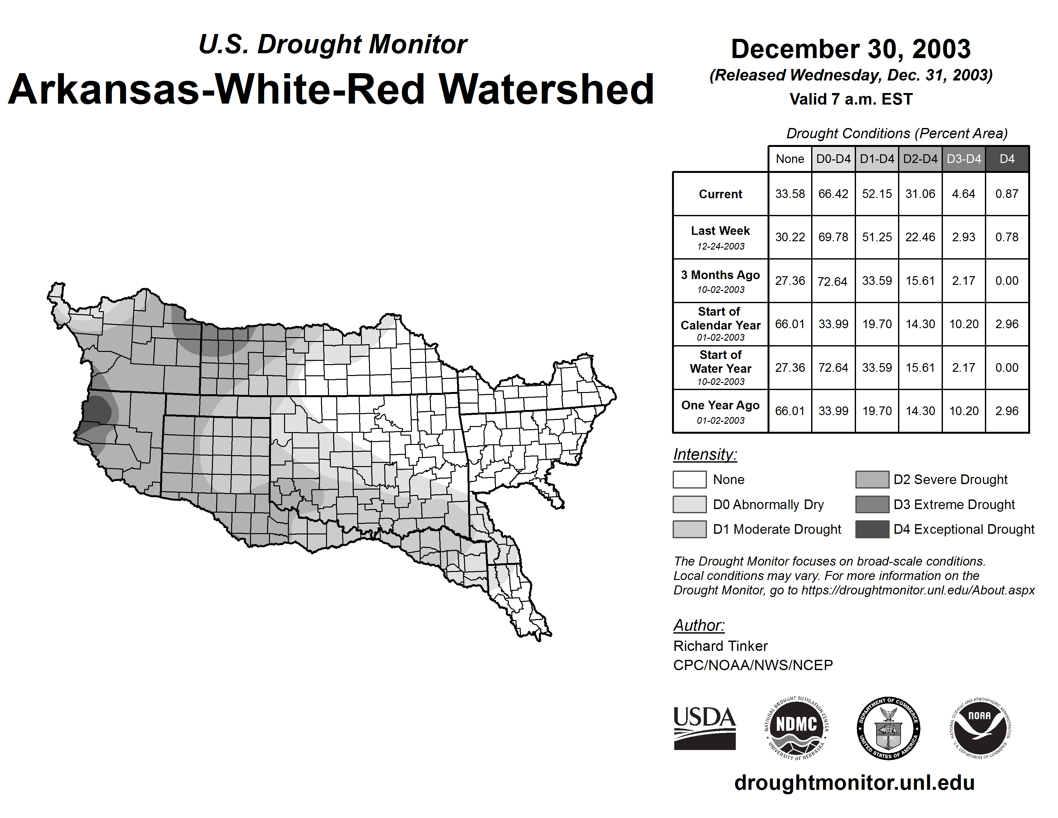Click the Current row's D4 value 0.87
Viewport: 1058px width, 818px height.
click(x=1007, y=194)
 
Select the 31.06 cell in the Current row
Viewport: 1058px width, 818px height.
click(x=920, y=194)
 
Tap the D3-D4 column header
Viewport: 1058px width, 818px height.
click(x=963, y=159)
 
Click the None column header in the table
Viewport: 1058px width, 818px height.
click(x=790, y=159)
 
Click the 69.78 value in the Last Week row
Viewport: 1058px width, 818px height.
click(x=833, y=237)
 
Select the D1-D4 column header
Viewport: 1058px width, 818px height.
click(x=877, y=159)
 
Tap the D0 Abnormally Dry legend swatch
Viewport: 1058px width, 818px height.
click(x=689, y=504)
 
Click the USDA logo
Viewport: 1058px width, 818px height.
click(x=704, y=728)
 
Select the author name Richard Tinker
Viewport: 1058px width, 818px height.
click(x=720, y=646)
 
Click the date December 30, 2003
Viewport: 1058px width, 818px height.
click(x=851, y=49)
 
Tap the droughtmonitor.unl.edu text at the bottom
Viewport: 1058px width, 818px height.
click(x=854, y=783)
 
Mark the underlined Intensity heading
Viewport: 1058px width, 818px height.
click(x=705, y=455)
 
